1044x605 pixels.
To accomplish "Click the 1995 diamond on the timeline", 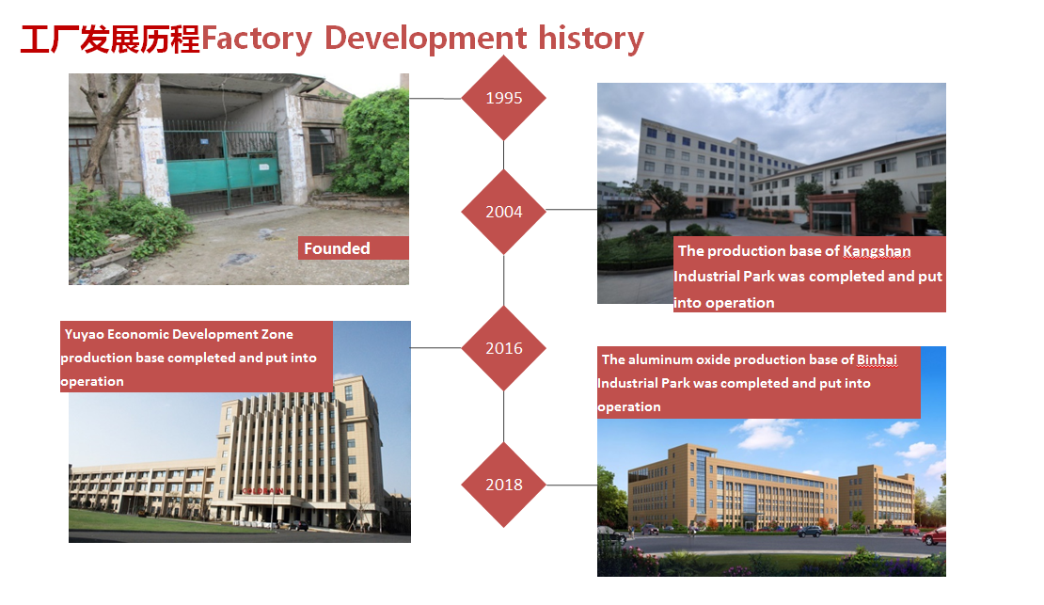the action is pyautogui.click(x=503, y=98).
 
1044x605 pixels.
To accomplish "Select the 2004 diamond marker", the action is pyautogui.click(x=503, y=212).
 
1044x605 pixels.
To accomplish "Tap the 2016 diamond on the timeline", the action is pyautogui.click(x=503, y=348).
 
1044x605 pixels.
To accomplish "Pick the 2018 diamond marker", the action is pyautogui.click(x=503, y=485).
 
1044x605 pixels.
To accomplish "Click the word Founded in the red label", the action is pyautogui.click(x=337, y=248).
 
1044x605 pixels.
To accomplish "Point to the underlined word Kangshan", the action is pyautogui.click(x=877, y=251).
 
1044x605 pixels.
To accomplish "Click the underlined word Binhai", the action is pyautogui.click(x=877, y=359).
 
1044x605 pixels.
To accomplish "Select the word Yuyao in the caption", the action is pyautogui.click(x=84, y=334).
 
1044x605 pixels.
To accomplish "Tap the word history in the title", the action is pyautogui.click(x=592, y=39).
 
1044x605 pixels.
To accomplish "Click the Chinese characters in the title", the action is pyautogui.click(x=111, y=39).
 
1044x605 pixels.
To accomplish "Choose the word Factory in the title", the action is pyautogui.click(x=257, y=39).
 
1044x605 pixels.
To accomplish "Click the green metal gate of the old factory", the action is pyautogui.click(x=222, y=167).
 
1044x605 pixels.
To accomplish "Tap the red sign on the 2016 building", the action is pyautogui.click(x=262, y=491).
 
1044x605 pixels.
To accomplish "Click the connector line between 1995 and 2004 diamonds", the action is pyautogui.click(x=503, y=155).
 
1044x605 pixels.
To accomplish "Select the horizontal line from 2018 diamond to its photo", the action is pyautogui.click(x=571, y=486).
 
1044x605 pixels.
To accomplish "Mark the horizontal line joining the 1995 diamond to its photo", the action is pyautogui.click(x=435, y=99).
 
